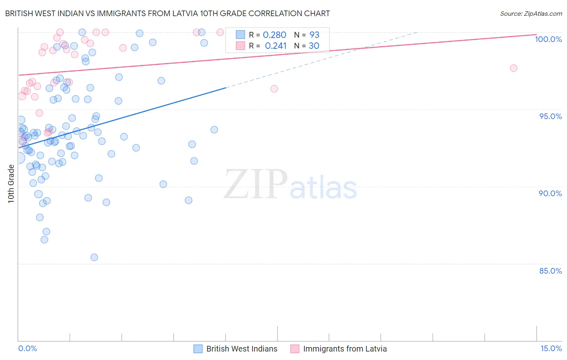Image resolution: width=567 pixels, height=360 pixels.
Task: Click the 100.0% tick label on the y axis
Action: click(x=548, y=39)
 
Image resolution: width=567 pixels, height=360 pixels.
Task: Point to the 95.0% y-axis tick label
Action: click(x=550, y=116)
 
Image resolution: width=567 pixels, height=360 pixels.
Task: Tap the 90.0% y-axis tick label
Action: click(x=550, y=193)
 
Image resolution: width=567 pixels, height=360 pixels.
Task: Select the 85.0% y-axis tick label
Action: click(x=550, y=271)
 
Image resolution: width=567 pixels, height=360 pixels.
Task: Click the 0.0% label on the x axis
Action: click(x=27, y=349)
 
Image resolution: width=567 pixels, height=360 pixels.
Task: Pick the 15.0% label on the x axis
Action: click(x=551, y=349)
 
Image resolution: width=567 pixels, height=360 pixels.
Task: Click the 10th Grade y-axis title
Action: click(x=11, y=184)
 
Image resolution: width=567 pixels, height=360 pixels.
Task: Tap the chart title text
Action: click(x=167, y=13)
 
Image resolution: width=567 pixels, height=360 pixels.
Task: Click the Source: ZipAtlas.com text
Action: click(x=531, y=14)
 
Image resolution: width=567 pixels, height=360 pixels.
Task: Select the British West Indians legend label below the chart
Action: click(x=242, y=349)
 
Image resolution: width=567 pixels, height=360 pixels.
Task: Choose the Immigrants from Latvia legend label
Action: click(x=345, y=349)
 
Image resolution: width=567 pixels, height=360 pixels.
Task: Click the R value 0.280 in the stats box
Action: click(x=274, y=35)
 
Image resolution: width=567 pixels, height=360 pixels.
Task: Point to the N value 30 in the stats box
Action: click(x=314, y=46)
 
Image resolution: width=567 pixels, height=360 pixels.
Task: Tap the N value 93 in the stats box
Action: click(x=314, y=35)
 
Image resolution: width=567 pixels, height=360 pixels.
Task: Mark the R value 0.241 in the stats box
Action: click(x=275, y=46)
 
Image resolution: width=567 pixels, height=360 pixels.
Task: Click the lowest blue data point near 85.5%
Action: click(x=94, y=257)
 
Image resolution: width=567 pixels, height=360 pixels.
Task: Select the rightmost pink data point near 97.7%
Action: click(x=513, y=68)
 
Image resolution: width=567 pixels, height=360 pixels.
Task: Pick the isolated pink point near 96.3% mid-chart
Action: click(x=274, y=89)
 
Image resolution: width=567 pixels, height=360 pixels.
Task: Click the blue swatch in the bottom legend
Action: click(x=198, y=349)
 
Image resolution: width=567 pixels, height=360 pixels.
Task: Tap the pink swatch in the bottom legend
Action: click(x=295, y=349)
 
